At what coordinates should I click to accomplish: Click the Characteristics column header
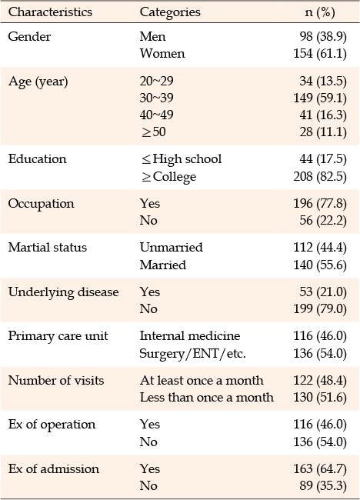[x=50, y=12]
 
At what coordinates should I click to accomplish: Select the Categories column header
[x=170, y=12]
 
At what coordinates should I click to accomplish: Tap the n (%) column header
[x=320, y=12]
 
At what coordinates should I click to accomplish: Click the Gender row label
[x=29, y=36]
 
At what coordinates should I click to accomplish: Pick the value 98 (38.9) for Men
[x=323, y=36]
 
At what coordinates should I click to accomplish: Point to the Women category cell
[x=162, y=53]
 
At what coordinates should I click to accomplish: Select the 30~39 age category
[x=157, y=98]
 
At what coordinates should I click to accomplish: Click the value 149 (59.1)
[x=320, y=98]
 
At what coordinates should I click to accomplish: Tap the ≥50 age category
[x=154, y=132]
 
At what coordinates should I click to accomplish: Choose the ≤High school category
[x=182, y=158]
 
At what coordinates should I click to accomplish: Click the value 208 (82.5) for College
[x=320, y=176]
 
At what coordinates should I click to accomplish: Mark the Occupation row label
[x=41, y=204]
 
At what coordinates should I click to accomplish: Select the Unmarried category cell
[x=172, y=248]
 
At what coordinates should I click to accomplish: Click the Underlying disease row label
[x=63, y=292]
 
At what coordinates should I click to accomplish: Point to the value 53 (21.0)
[x=323, y=292]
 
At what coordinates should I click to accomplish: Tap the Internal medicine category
[x=190, y=336]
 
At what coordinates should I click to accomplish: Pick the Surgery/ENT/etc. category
[x=193, y=353]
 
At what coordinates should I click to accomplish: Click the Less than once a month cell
[x=207, y=398]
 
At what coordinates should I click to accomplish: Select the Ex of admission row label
[x=54, y=468]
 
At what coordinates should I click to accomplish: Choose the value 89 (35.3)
[x=323, y=485]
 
